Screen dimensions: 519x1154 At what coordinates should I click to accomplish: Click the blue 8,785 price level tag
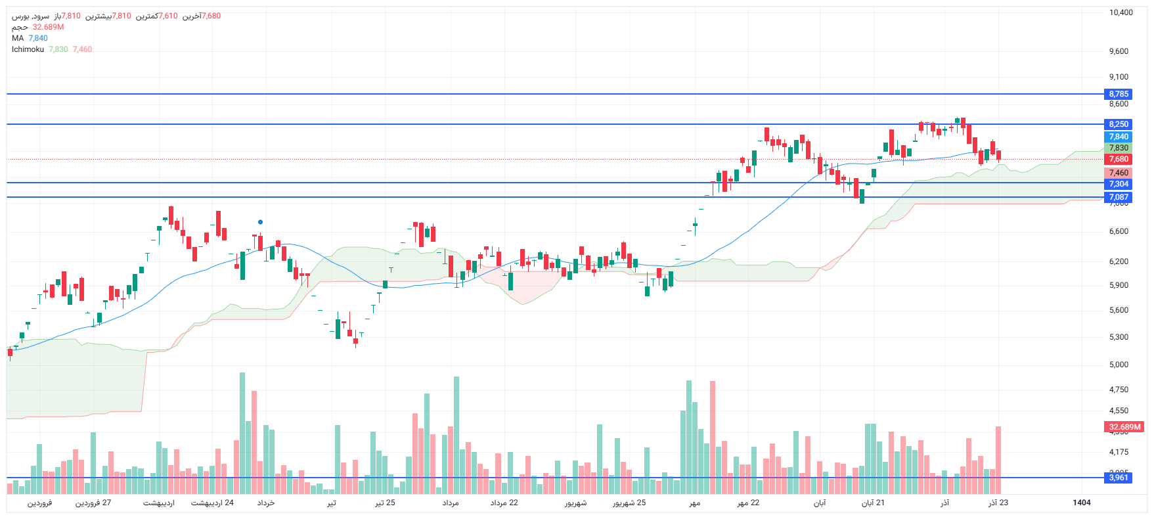tap(1119, 94)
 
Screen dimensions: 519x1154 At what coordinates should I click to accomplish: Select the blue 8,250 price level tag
tap(1119, 124)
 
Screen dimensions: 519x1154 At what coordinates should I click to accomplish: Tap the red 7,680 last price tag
tap(1119, 159)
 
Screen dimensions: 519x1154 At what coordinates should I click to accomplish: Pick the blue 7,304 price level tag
tap(1119, 184)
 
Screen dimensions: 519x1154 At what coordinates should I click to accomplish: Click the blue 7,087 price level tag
tap(1119, 197)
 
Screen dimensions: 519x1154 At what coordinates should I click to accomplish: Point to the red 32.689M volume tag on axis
tap(1124, 427)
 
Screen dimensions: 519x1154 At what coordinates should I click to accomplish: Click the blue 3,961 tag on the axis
tap(1119, 478)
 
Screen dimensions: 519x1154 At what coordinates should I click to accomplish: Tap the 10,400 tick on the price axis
tap(1121, 12)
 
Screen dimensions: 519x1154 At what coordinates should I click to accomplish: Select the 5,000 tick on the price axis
tap(1119, 365)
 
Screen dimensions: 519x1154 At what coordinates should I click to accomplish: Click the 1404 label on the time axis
tap(1081, 503)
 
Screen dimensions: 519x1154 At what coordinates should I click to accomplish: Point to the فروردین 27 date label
tap(93, 503)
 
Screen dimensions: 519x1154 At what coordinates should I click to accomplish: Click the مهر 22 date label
tap(748, 503)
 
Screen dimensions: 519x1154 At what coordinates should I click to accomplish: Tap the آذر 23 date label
tap(998, 503)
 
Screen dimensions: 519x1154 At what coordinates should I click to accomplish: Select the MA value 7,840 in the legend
tap(38, 38)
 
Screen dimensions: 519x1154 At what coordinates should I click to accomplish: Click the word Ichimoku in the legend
tap(28, 49)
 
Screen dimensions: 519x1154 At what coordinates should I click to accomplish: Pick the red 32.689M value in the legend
tap(48, 27)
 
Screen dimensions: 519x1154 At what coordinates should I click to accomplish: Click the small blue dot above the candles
tap(261, 222)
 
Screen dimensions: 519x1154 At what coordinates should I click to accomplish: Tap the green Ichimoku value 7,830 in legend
tap(58, 49)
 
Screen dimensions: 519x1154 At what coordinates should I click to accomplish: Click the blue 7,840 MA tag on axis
tap(1119, 137)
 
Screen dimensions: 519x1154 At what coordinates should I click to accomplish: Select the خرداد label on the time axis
tap(266, 503)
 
